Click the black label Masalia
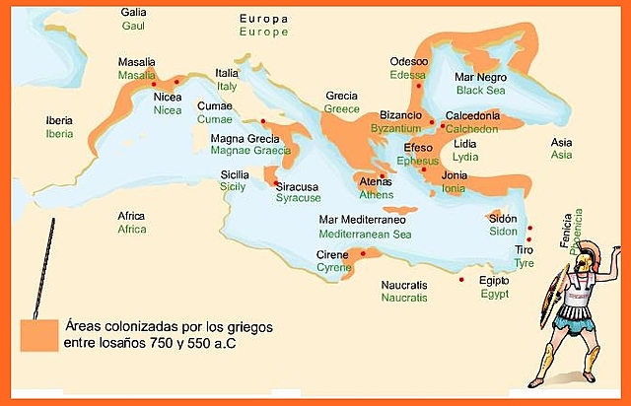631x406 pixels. click(x=136, y=61)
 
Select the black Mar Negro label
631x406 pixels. click(x=478, y=76)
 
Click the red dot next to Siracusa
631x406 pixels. click(x=275, y=183)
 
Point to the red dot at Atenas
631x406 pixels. click(x=382, y=176)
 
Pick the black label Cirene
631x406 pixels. click(x=331, y=254)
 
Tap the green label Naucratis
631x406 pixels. click(x=404, y=298)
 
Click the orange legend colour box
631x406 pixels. click(x=38, y=334)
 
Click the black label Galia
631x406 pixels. click(x=133, y=12)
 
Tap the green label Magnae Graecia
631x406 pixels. click(x=251, y=151)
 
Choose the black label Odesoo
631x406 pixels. click(x=409, y=61)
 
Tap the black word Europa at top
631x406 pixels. click(x=264, y=19)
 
